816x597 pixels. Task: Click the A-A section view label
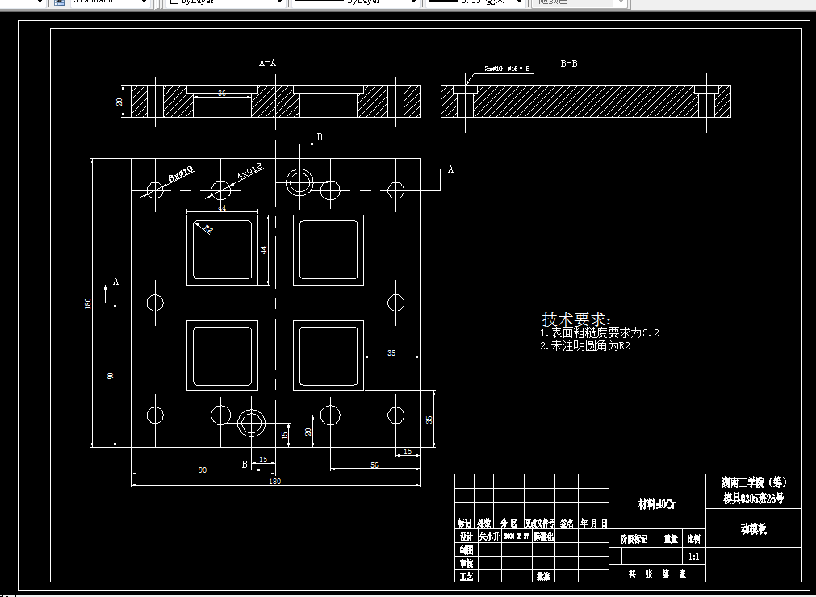pyautogui.click(x=267, y=62)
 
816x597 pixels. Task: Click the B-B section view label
pyautogui.click(x=569, y=62)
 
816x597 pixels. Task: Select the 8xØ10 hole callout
pyautogui.click(x=181, y=173)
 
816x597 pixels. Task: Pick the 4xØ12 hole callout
pyautogui.click(x=250, y=171)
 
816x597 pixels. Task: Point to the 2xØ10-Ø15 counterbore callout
pyautogui.click(x=506, y=69)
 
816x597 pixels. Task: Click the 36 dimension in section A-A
pyautogui.click(x=222, y=94)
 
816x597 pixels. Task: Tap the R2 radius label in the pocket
pyautogui.click(x=208, y=230)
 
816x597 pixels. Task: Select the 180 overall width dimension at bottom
pyautogui.click(x=274, y=482)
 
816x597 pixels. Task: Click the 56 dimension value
pyautogui.click(x=375, y=465)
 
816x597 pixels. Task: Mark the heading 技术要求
pyautogui.click(x=576, y=319)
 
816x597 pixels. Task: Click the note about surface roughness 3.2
pyautogui.click(x=599, y=332)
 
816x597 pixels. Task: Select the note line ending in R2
pyautogui.click(x=584, y=345)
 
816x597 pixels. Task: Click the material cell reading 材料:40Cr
pyautogui.click(x=656, y=504)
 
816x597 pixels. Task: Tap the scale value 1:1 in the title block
pyautogui.click(x=693, y=557)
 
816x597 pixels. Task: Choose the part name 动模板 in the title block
pyautogui.click(x=753, y=529)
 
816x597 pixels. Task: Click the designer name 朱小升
pyautogui.click(x=489, y=536)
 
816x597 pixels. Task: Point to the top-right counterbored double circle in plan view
pyautogui.click(x=299, y=182)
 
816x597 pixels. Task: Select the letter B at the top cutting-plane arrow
pyautogui.click(x=320, y=137)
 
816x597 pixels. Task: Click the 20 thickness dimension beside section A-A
pyautogui.click(x=119, y=102)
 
